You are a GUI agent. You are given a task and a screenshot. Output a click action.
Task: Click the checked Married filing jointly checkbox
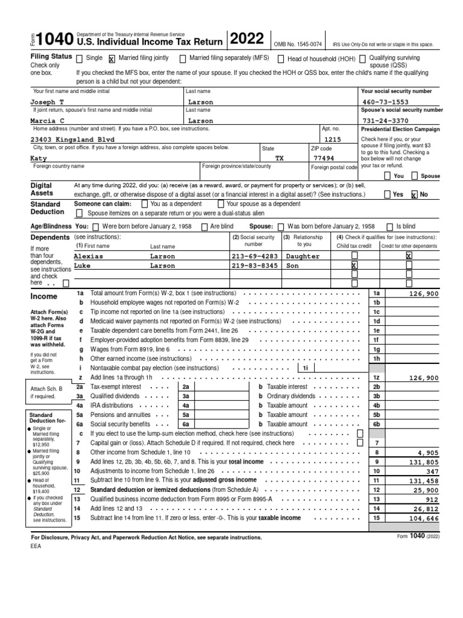(112, 59)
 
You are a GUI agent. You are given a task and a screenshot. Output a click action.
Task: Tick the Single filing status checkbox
(79, 59)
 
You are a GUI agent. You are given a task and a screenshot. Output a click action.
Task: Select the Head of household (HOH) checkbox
(281, 59)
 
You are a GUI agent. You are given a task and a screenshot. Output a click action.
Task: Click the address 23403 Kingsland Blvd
(72, 139)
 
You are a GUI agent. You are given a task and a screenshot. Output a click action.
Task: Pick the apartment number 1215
(333, 139)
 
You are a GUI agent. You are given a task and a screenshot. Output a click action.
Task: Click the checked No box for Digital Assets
(414, 195)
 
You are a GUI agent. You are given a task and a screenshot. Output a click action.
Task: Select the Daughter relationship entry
(303, 256)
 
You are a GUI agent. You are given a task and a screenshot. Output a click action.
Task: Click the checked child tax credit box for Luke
(354, 266)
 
